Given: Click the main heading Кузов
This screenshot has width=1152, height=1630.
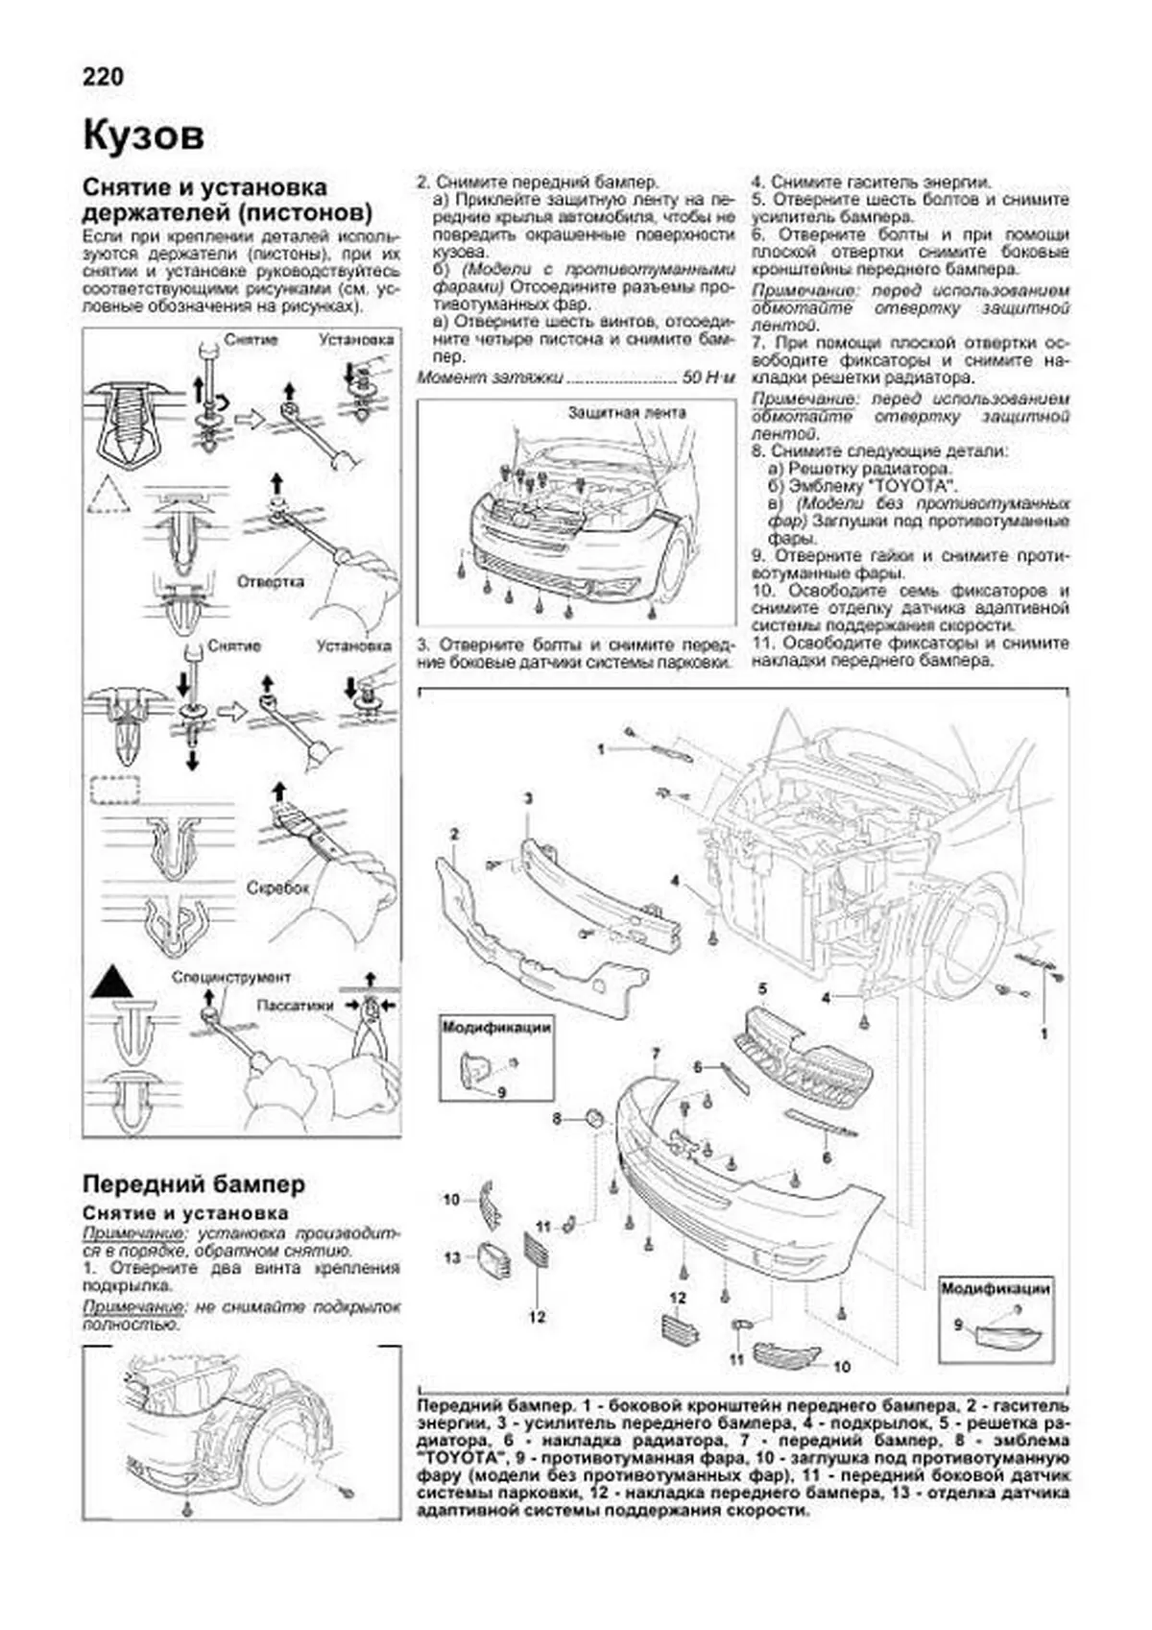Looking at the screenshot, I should point(144,135).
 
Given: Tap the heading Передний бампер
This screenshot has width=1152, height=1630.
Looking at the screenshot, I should point(194,1183).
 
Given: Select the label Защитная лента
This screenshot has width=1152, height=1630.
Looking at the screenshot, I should point(627,414).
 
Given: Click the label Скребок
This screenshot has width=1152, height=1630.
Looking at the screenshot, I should point(278,888).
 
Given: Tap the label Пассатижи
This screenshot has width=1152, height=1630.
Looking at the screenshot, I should point(294,1006).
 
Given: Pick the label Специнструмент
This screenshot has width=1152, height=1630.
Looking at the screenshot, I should point(230,978).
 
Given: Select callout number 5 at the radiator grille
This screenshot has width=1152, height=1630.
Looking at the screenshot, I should point(762,988).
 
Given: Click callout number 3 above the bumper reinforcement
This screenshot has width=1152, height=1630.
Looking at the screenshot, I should point(527,798).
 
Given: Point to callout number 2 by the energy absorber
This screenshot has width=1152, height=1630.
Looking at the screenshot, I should point(453,834).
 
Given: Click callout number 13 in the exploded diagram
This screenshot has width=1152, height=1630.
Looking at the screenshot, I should point(452,1256).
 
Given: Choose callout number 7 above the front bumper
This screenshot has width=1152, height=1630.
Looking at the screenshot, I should point(656,1055).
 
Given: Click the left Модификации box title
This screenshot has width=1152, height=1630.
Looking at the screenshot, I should point(497,1027).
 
